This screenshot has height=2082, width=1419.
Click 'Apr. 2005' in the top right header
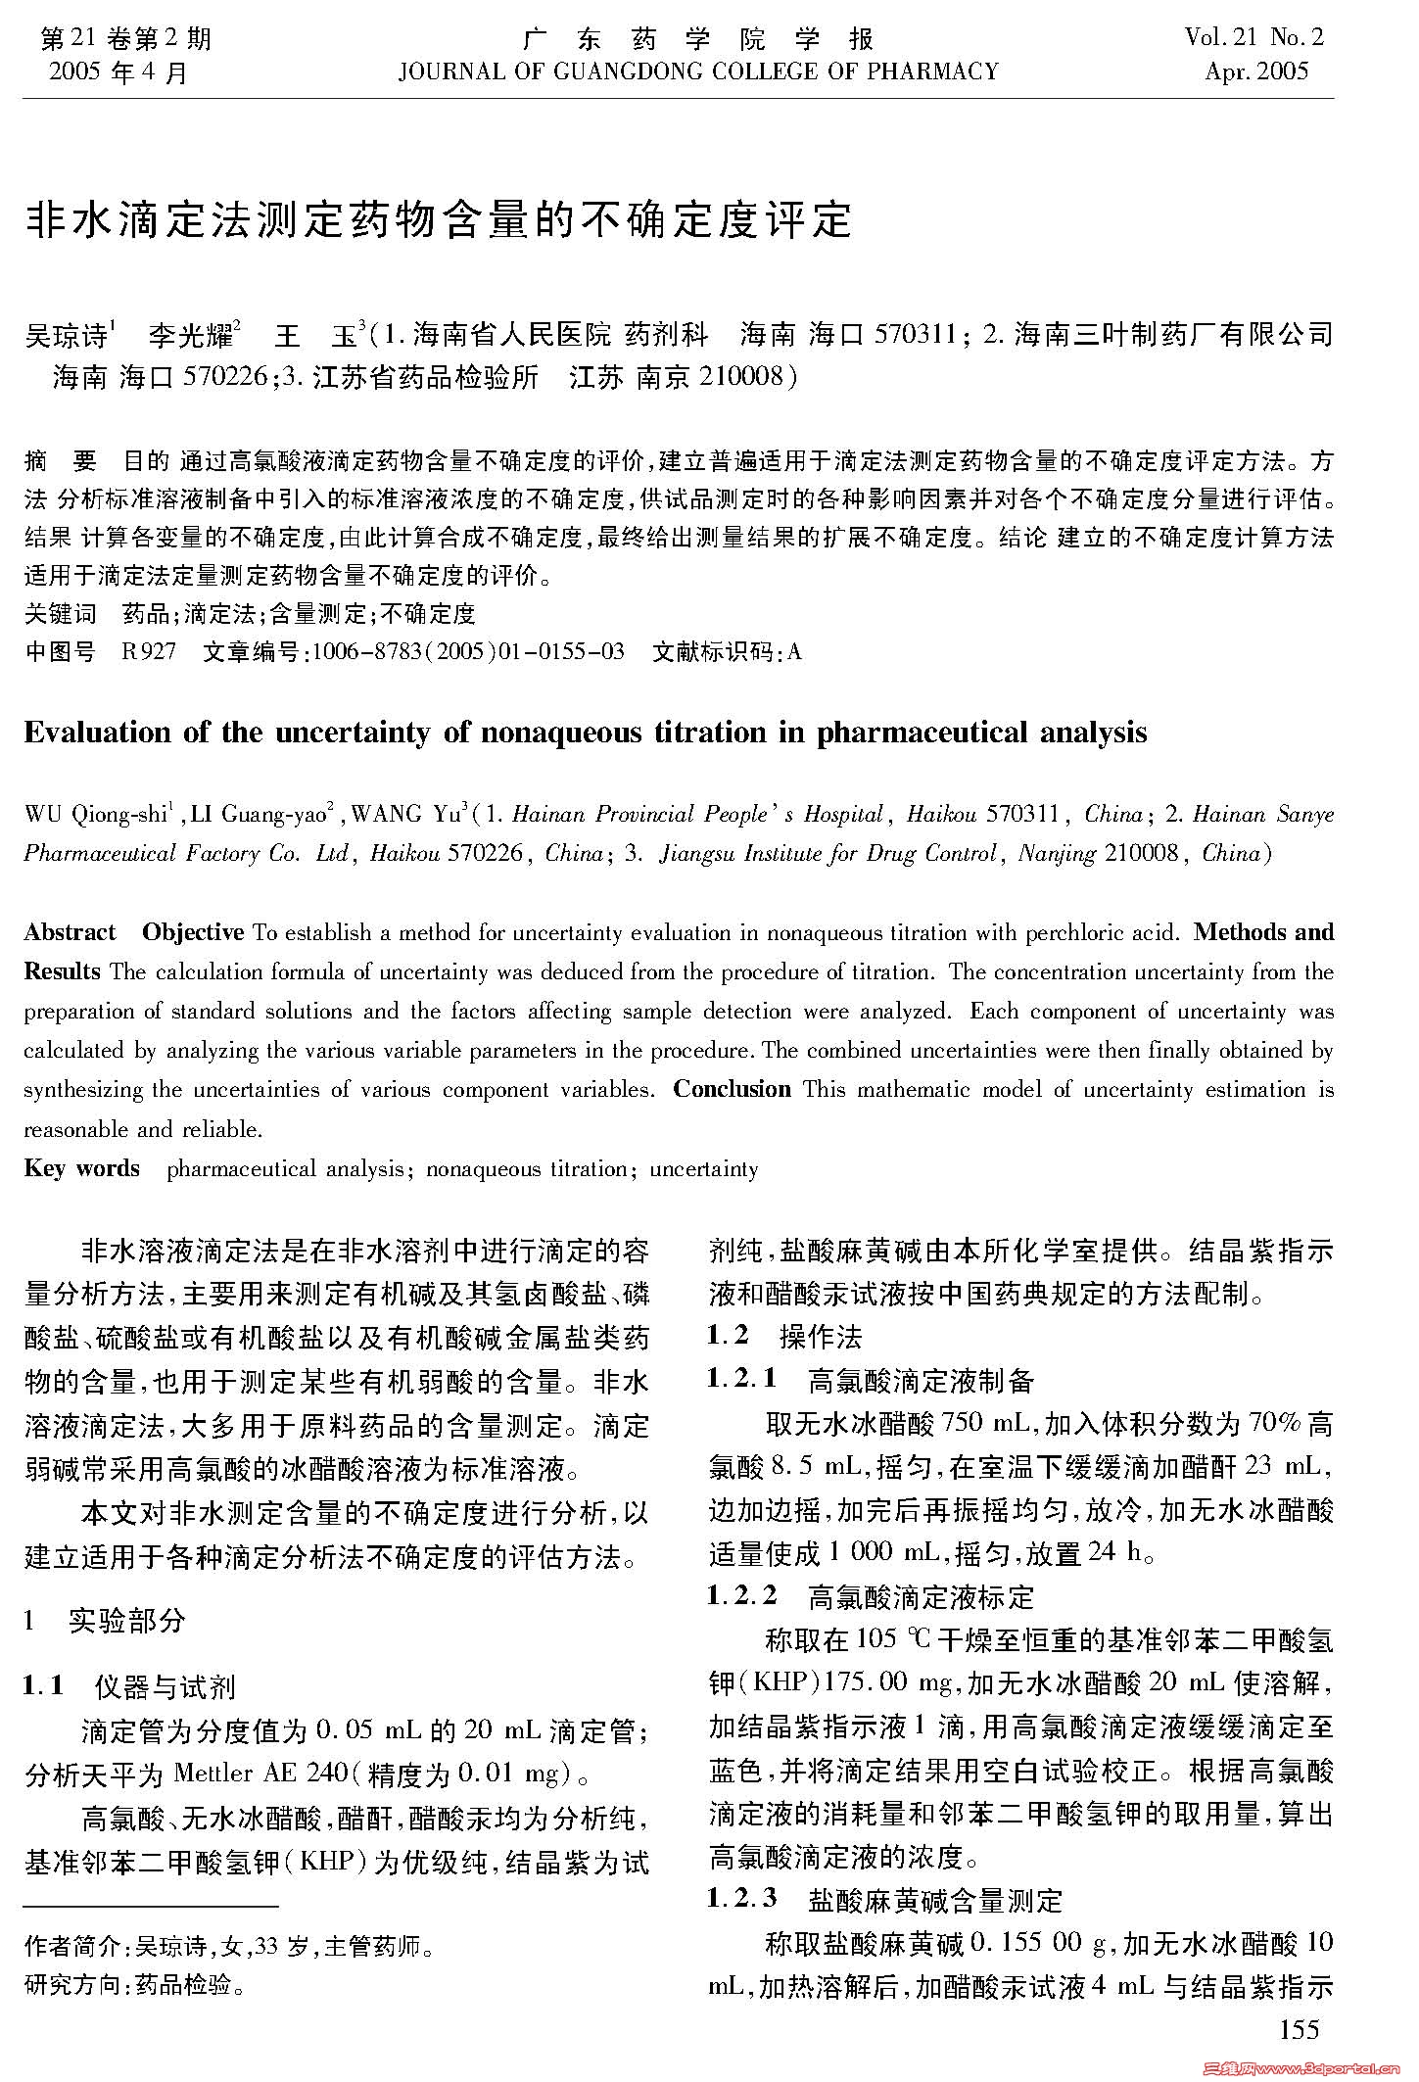click(x=1256, y=71)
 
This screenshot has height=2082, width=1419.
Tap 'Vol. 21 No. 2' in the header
click(x=1253, y=38)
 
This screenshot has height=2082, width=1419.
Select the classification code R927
click(x=149, y=652)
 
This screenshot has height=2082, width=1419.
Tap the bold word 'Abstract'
click(x=70, y=932)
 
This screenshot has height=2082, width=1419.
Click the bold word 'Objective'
click(x=193, y=932)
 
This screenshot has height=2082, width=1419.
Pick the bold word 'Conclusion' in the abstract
click(x=732, y=1089)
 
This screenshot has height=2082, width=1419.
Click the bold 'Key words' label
click(x=81, y=1168)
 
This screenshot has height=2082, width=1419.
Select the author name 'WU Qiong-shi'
click(x=97, y=815)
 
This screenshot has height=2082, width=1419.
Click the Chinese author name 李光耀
click(x=193, y=337)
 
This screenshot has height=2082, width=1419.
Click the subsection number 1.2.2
click(x=742, y=1597)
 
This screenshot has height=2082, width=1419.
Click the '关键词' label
click(x=60, y=614)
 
